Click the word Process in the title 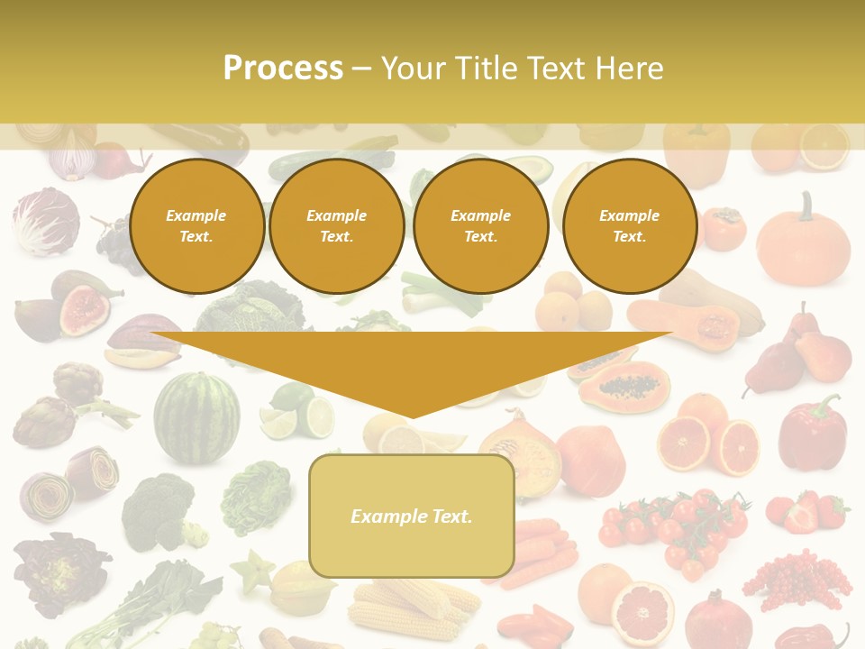(x=283, y=68)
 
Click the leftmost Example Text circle (x=196, y=226)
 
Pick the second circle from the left (x=337, y=226)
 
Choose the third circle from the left (x=481, y=226)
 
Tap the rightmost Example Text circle (x=630, y=226)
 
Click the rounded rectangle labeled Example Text (x=412, y=516)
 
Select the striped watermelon (x=196, y=417)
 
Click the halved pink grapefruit (x=642, y=614)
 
